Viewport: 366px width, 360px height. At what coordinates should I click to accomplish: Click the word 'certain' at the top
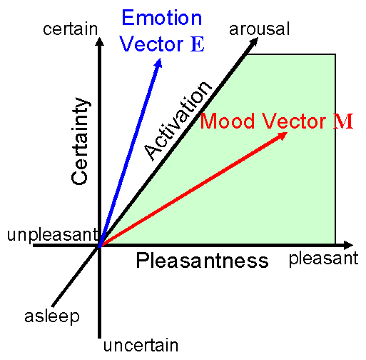[71, 29]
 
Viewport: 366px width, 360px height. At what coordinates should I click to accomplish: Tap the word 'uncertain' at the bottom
[141, 345]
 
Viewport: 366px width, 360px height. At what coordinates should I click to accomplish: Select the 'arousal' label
[259, 29]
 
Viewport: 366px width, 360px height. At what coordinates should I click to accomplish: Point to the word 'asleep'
[52, 316]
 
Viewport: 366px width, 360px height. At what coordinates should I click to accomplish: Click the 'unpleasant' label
[53, 235]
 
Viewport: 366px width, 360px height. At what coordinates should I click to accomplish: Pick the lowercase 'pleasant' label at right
[323, 259]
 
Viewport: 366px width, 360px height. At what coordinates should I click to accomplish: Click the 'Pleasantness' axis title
[203, 261]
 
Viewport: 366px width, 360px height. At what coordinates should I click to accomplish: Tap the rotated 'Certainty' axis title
[80, 141]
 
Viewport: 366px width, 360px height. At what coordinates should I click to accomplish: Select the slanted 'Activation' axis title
[178, 121]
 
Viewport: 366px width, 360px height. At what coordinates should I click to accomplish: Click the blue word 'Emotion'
[162, 18]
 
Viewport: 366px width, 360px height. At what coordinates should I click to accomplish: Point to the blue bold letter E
[198, 44]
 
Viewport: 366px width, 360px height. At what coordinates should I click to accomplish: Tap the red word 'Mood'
[227, 121]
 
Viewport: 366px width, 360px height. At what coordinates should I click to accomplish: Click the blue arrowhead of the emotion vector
[158, 63]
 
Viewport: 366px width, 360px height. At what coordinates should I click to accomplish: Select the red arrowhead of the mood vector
[283, 136]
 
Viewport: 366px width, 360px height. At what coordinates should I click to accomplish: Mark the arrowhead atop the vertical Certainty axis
[100, 41]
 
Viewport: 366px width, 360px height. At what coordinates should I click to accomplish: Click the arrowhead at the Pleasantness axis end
[348, 245]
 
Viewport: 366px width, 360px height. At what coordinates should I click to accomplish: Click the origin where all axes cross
[99, 246]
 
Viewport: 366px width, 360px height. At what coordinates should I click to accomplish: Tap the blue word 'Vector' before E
[151, 44]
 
